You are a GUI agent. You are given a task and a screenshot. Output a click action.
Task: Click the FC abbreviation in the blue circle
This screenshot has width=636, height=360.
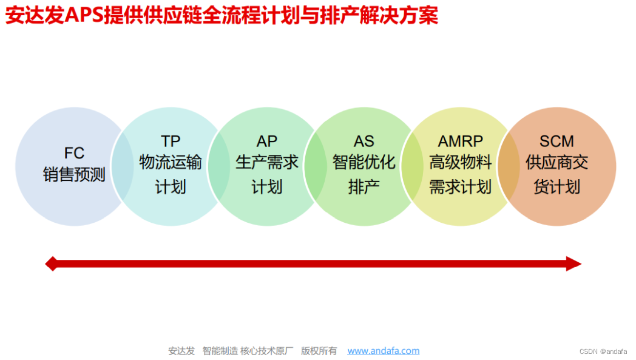(74, 152)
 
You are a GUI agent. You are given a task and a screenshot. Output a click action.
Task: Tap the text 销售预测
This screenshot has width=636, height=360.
(74, 175)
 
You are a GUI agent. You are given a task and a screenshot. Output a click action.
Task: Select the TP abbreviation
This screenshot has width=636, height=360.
(171, 141)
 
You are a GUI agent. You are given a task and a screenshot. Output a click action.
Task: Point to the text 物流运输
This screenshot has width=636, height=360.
(171, 163)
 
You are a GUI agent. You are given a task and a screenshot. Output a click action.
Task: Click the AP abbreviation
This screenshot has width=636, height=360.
(266, 141)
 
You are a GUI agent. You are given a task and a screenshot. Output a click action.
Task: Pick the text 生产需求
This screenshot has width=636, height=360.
(266, 163)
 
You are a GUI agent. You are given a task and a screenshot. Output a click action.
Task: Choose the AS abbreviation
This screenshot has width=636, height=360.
(364, 141)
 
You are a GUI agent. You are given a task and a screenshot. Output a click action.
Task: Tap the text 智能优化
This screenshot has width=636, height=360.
(364, 163)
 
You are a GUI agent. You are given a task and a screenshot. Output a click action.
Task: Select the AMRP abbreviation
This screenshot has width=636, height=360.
(461, 141)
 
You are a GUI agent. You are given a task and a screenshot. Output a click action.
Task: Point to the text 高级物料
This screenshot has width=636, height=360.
(461, 163)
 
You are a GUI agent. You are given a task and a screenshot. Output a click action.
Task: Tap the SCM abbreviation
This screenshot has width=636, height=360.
(556, 141)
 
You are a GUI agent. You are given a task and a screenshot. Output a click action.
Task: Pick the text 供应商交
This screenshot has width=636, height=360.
(556, 163)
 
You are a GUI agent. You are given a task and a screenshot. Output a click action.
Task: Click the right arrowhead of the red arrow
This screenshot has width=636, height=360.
(573, 263)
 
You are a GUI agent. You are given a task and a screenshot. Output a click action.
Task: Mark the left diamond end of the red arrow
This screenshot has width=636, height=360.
(52, 263)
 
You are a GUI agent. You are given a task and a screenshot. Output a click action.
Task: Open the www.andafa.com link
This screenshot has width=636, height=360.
(383, 351)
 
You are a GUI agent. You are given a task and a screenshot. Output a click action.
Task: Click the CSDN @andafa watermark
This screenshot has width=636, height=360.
(603, 352)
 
